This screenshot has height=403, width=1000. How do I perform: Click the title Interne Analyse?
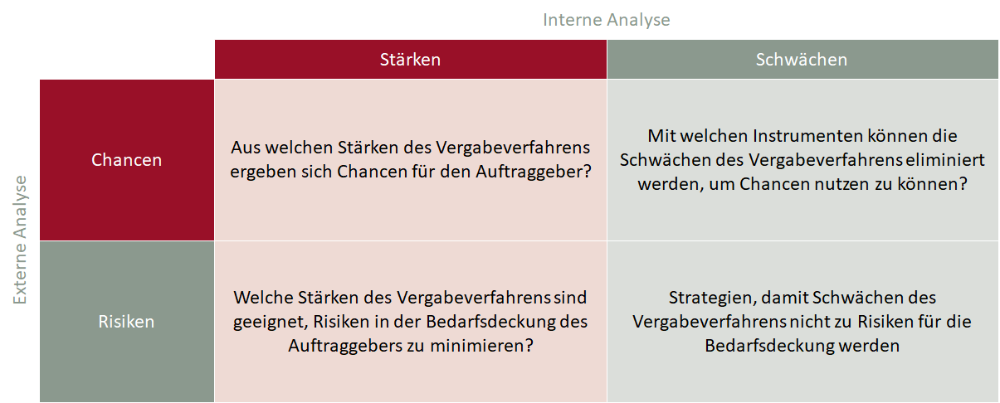click(607, 20)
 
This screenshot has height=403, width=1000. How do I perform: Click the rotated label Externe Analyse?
click(20, 240)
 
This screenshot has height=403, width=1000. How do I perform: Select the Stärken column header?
click(410, 60)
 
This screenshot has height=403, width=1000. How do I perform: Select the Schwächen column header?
click(802, 60)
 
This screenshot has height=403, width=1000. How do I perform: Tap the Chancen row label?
click(127, 160)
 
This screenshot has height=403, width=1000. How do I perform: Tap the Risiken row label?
click(127, 322)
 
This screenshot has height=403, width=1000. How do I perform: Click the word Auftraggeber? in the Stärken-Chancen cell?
click(534, 172)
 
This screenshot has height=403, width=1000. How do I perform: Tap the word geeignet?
click(271, 323)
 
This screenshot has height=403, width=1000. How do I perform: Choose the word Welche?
click(263, 298)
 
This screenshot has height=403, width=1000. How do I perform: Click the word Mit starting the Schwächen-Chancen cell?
click(661, 136)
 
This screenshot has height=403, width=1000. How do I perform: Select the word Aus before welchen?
click(245, 148)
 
